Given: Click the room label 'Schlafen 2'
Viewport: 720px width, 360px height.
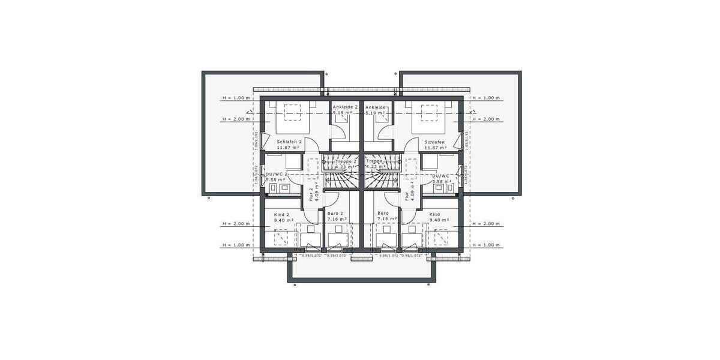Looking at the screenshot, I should point(290,142).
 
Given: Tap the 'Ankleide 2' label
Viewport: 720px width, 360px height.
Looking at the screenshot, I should point(345,107).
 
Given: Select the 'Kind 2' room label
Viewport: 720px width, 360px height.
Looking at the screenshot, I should point(281,214).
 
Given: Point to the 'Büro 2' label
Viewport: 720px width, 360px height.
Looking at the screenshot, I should point(335,214).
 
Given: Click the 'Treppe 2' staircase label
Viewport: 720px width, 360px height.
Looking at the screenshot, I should point(346,161).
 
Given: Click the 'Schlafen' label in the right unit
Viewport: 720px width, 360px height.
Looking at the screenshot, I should point(434,142).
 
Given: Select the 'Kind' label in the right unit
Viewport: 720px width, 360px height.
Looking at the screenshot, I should point(435,214).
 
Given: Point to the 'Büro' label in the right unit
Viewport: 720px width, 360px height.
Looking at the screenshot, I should point(383,214).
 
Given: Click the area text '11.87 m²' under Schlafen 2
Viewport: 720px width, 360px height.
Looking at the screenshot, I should point(289,148).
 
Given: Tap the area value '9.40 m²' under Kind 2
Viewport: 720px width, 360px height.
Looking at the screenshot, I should point(284,220).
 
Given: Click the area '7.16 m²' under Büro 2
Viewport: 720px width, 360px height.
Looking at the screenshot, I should point(337,220).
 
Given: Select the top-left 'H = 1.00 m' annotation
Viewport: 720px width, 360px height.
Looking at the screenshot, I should point(235,98).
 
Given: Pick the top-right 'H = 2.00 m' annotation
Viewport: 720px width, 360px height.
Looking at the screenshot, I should point(487,119).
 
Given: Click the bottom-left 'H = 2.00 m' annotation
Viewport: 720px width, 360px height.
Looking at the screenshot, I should point(235,224).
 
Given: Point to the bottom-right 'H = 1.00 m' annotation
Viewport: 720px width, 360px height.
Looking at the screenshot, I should point(487,245).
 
